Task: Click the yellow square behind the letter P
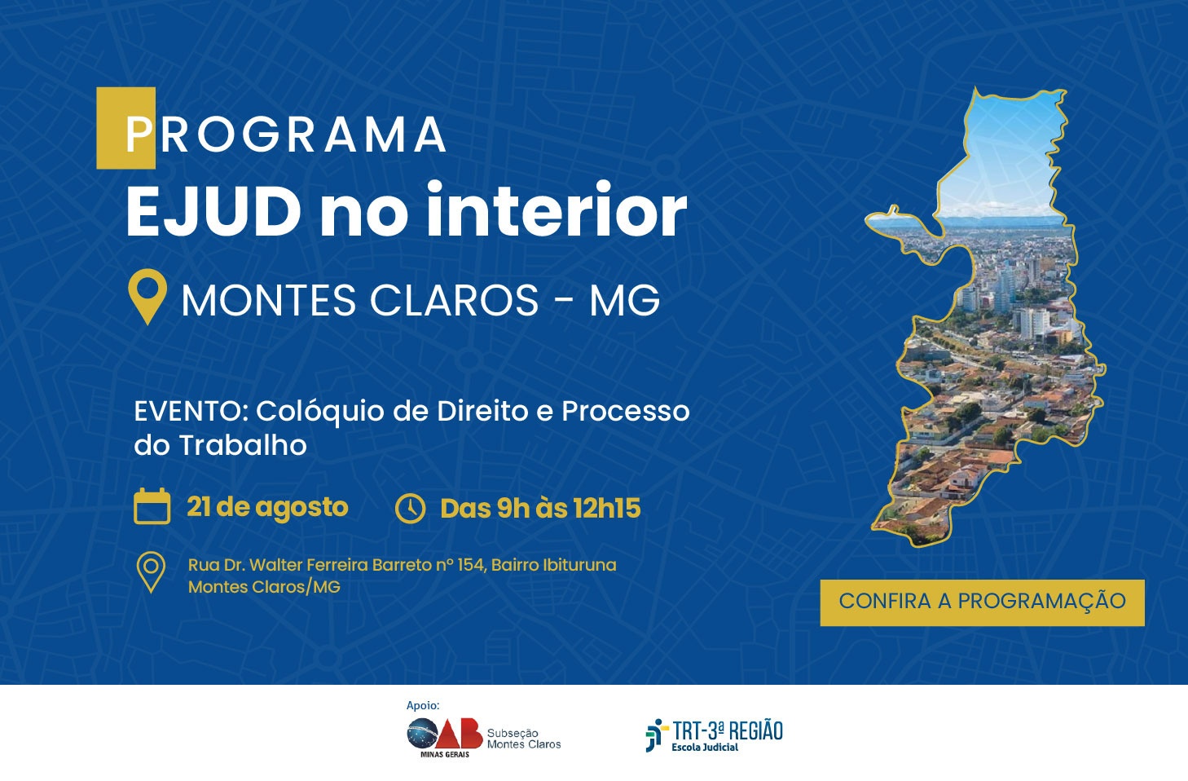click(125, 128)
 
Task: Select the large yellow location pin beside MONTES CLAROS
click(147, 296)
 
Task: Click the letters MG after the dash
click(624, 300)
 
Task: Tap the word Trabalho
click(243, 444)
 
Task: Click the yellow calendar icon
click(152, 506)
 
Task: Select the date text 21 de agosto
click(267, 508)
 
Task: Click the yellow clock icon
click(410, 508)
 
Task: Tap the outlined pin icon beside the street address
click(151, 572)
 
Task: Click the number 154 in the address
click(471, 565)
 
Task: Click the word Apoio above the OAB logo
click(423, 706)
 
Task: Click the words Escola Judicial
click(705, 747)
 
